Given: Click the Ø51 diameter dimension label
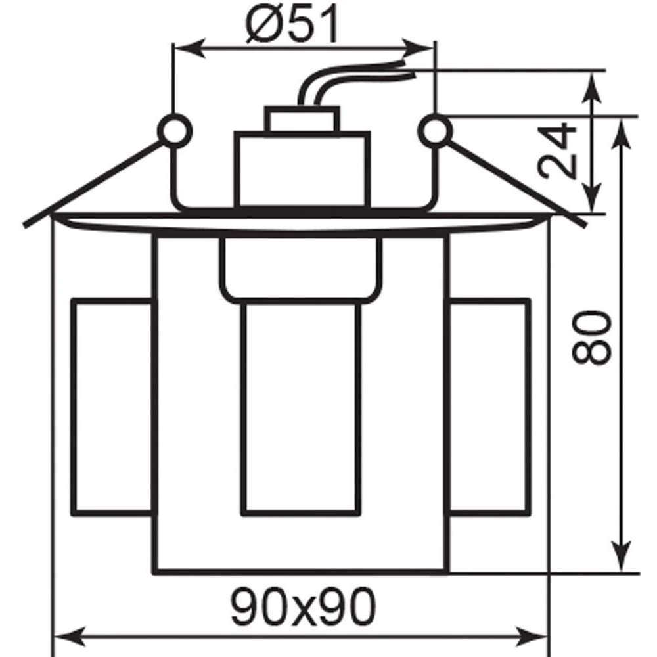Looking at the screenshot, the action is [292, 24].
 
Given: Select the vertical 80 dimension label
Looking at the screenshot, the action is [591, 337].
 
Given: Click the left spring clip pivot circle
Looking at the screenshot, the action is [175, 131].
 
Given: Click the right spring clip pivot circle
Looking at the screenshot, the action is [436, 131].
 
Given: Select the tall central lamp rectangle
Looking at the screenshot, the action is [302, 409].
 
